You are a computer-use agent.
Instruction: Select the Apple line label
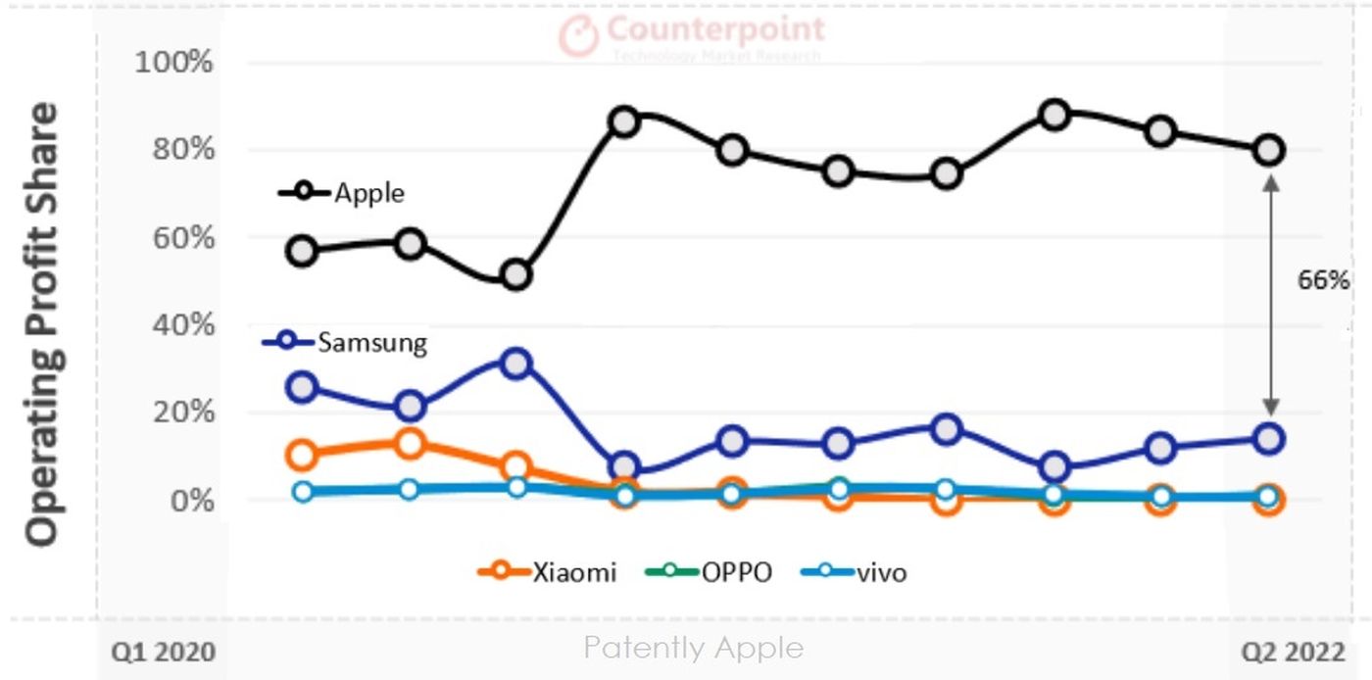pos(368,193)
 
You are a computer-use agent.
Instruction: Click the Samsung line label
pos(372,343)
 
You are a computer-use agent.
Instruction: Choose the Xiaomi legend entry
pos(575,572)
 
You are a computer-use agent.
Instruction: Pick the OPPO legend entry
pos(736,572)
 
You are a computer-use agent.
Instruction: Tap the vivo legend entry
pos(881,572)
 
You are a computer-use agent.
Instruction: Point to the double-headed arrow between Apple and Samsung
pos(1271,294)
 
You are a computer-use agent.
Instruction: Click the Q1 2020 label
pos(162,650)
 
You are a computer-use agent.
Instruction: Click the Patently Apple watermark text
pos(693,648)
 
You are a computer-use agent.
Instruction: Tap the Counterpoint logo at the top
pos(692,35)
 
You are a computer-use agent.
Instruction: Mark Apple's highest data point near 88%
pos(1054,115)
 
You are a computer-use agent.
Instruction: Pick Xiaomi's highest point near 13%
pos(410,444)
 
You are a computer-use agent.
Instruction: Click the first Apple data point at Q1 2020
pos(303,251)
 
